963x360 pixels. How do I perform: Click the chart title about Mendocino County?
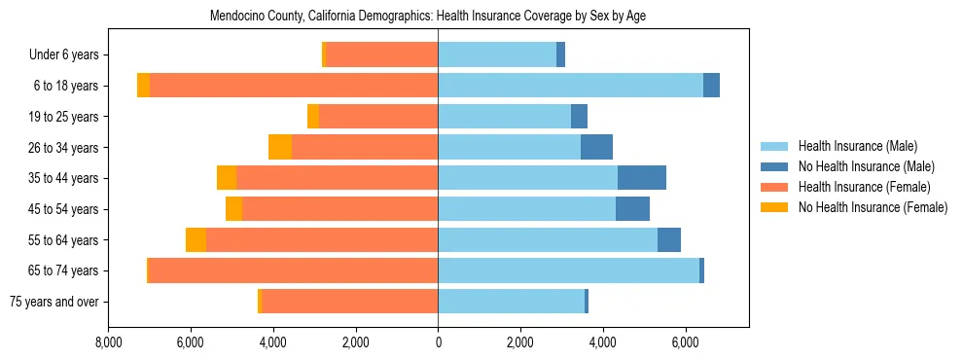[428, 17]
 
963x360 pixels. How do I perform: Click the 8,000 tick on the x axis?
[108, 342]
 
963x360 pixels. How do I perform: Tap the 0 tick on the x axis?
[438, 342]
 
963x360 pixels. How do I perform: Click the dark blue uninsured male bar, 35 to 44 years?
[642, 178]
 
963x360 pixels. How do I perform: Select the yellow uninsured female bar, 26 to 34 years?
[280, 148]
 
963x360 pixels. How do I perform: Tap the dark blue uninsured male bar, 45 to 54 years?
[632, 209]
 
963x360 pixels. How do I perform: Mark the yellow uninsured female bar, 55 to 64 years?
[196, 240]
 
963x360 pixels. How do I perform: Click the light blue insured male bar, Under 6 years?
[497, 55]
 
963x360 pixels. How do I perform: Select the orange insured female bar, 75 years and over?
[349, 302]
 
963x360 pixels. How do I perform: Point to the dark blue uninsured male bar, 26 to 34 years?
[596, 148]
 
